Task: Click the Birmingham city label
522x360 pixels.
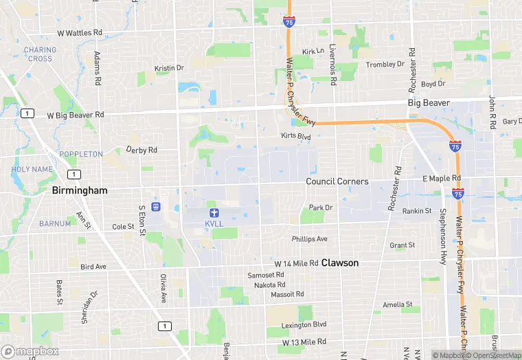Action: [80, 190]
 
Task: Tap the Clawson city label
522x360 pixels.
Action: [340, 262]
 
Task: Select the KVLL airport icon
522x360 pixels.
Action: [214, 211]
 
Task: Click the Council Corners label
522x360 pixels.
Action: [337, 181]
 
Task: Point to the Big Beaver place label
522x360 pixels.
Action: [429, 103]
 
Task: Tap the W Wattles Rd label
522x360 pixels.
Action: [80, 32]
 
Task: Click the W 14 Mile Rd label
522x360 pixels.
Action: [297, 263]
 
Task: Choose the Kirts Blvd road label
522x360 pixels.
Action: [296, 137]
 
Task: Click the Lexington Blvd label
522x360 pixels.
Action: [304, 324]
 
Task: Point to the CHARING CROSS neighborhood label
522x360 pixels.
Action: [40, 54]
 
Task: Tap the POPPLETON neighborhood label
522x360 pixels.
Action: [80, 154]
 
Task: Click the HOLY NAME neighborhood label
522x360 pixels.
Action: [32, 169]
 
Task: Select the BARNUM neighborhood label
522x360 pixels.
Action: [55, 223]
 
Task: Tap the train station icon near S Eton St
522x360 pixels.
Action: [156, 206]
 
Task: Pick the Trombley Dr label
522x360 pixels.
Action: [385, 64]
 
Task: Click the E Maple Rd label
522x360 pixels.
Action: [442, 179]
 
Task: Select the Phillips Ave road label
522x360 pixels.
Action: [309, 239]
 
